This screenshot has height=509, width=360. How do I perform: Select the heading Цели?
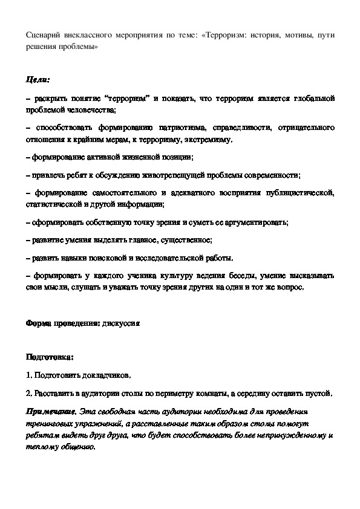[x=38, y=79]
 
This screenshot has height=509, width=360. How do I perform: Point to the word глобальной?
[x=310, y=98]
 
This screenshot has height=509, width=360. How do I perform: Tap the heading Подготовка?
[x=50, y=357]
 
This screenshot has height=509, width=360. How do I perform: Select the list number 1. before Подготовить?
[x=30, y=375]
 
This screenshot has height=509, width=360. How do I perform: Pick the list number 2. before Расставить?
[x=30, y=394]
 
